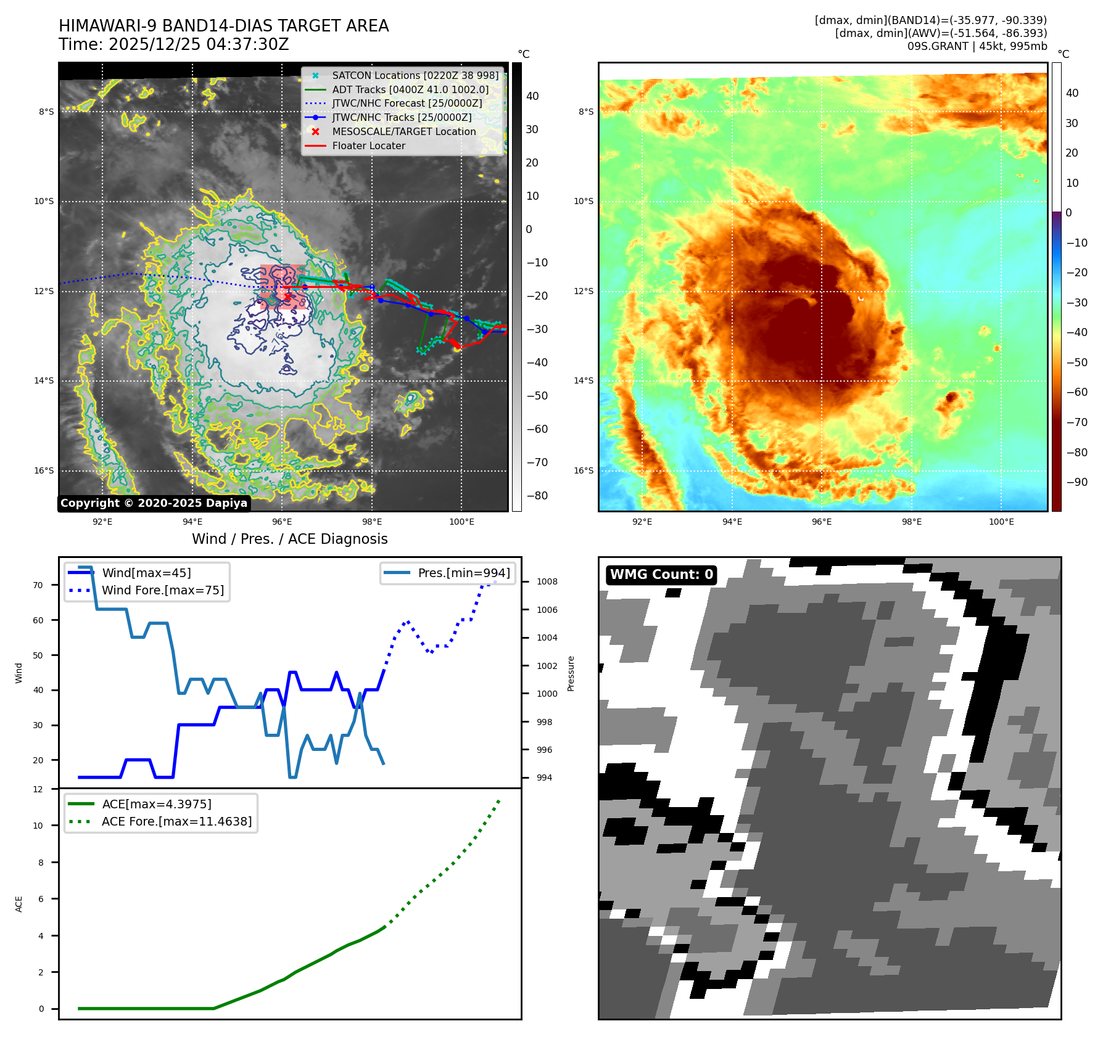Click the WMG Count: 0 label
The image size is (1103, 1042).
coord(661,575)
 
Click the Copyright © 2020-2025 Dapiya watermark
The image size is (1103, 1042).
coord(154,503)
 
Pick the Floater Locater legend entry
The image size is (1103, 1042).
coord(368,146)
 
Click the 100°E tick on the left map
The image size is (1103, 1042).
coord(461,522)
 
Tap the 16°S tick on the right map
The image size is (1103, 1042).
coord(584,470)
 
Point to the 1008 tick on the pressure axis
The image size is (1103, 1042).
coord(547,581)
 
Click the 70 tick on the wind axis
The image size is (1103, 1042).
coord(38,585)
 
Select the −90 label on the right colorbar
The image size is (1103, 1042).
coord(1076,482)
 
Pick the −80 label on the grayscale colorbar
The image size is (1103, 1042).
coord(537,496)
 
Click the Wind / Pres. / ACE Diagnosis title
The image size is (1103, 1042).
coord(289,539)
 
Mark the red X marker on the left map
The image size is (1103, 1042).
coord(287,297)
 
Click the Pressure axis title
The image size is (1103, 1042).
coord(571,673)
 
